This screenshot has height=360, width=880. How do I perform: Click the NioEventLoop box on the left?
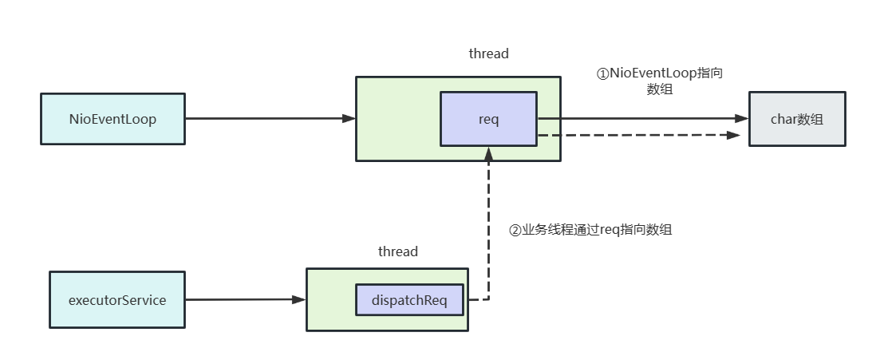tap(112, 119)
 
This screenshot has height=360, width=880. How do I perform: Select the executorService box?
tap(118, 300)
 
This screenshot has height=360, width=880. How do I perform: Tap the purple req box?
tap(488, 119)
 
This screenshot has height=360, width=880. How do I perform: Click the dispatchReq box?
tap(409, 300)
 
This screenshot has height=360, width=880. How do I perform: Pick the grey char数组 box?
tap(796, 119)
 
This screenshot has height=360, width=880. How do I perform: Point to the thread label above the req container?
tap(488, 53)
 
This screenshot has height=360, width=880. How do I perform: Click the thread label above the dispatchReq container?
tap(397, 251)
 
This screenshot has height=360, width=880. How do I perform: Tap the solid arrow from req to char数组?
tap(638, 119)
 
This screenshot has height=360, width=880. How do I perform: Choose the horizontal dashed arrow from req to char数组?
tap(638, 135)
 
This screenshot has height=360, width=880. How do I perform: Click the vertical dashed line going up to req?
tap(488, 231)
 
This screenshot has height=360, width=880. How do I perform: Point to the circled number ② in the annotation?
tap(515, 230)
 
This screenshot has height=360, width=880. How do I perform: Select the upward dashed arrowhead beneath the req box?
tap(488, 153)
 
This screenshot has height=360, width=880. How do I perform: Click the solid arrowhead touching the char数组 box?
tap(742, 119)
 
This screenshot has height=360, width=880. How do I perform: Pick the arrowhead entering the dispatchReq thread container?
tap(300, 300)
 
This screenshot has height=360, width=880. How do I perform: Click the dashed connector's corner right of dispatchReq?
tap(488, 300)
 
